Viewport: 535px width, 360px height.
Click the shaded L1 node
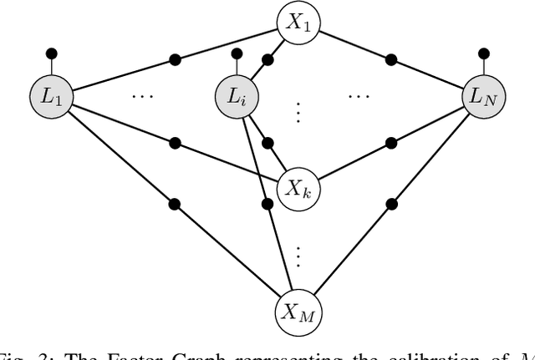pos(52,97)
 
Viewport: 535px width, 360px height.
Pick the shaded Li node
pos(237,97)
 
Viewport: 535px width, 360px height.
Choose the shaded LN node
pos(484,97)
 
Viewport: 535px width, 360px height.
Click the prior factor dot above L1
pos(52,54)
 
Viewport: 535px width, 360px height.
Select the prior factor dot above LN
pos(484,54)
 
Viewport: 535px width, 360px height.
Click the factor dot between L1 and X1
pos(175,60)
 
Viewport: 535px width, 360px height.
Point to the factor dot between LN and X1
pos(391,60)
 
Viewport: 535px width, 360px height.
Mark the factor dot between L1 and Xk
pos(175,141)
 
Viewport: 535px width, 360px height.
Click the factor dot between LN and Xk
pos(391,141)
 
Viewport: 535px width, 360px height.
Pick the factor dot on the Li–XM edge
pos(267,205)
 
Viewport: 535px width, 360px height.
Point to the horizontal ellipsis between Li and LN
pos(359,97)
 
